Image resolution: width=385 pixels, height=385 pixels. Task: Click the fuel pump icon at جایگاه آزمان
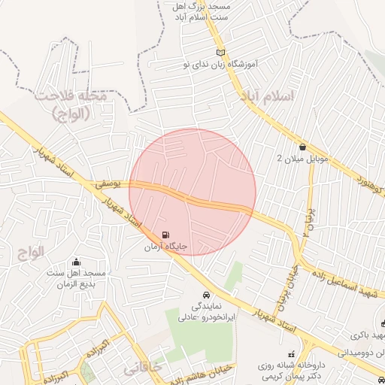tap(165, 235)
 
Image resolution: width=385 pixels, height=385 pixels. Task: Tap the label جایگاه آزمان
tap(165, 247)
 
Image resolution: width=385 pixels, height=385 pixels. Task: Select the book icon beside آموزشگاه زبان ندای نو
tap(220, 52)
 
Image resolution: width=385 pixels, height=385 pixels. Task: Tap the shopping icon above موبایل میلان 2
tap(302, 147)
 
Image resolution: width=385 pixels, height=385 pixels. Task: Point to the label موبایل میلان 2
tap(301, 159)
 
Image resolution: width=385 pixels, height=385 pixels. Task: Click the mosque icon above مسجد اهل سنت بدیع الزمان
tap(76, 262)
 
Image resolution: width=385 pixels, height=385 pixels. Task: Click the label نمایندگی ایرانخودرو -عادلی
tap(208, 312)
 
